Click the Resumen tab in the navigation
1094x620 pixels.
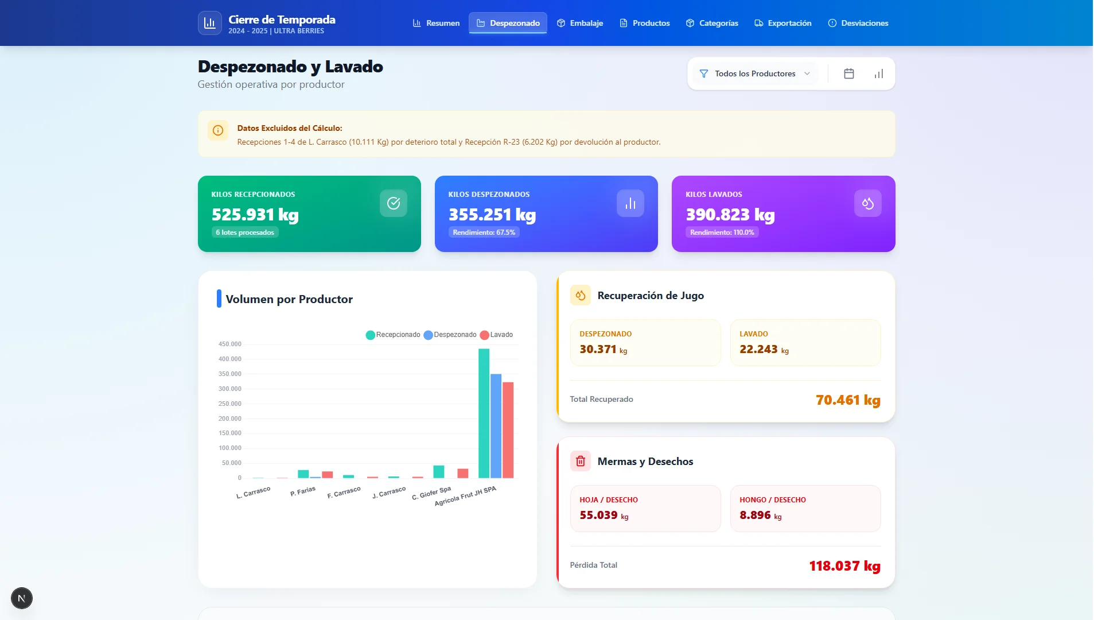tap(436, 23)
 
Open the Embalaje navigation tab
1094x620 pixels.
tap(580, 23)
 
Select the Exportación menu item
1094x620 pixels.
tap(783, 23)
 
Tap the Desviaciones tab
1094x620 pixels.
tap(858, 23)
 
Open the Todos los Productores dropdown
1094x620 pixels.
tap(755, 73)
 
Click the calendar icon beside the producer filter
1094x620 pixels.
tap(849, 73)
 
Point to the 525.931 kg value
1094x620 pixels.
tap(255, 215)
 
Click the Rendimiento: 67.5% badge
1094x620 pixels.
tap(484, 232)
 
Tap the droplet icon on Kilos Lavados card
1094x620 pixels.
tap(867, 203)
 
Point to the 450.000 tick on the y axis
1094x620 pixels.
tap(229, 344)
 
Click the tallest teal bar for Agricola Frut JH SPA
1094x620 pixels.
tap(484, 413)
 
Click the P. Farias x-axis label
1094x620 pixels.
tap(303, 491)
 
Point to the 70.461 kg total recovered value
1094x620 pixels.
tap(848, 400)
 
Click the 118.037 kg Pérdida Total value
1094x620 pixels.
tap(844, 566)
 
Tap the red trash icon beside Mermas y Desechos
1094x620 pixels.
tap(580, 461)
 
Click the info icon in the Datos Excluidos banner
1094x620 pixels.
tap(218, 130)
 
